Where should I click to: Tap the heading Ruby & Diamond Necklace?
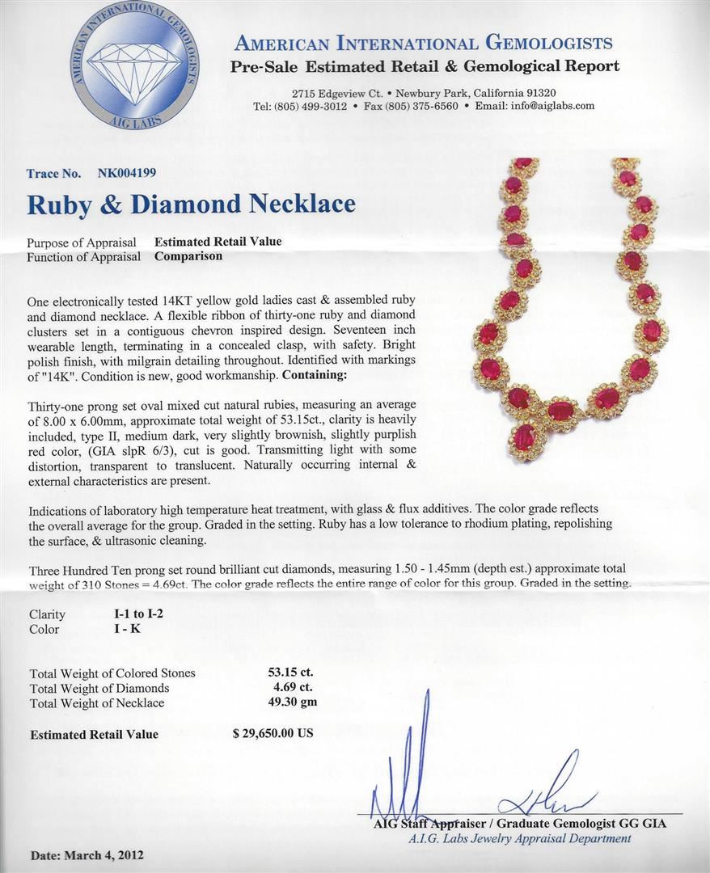(x=191, y=204)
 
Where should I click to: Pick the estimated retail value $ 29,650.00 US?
(x=272, y=734)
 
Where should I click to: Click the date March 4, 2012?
(x=87, y=854)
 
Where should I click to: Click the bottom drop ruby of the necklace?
(x=524, y=438)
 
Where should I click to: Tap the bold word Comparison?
(x=188, y=256)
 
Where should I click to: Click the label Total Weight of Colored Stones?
(x=112, y=673)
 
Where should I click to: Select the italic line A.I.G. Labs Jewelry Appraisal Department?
(x=519, y=838)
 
